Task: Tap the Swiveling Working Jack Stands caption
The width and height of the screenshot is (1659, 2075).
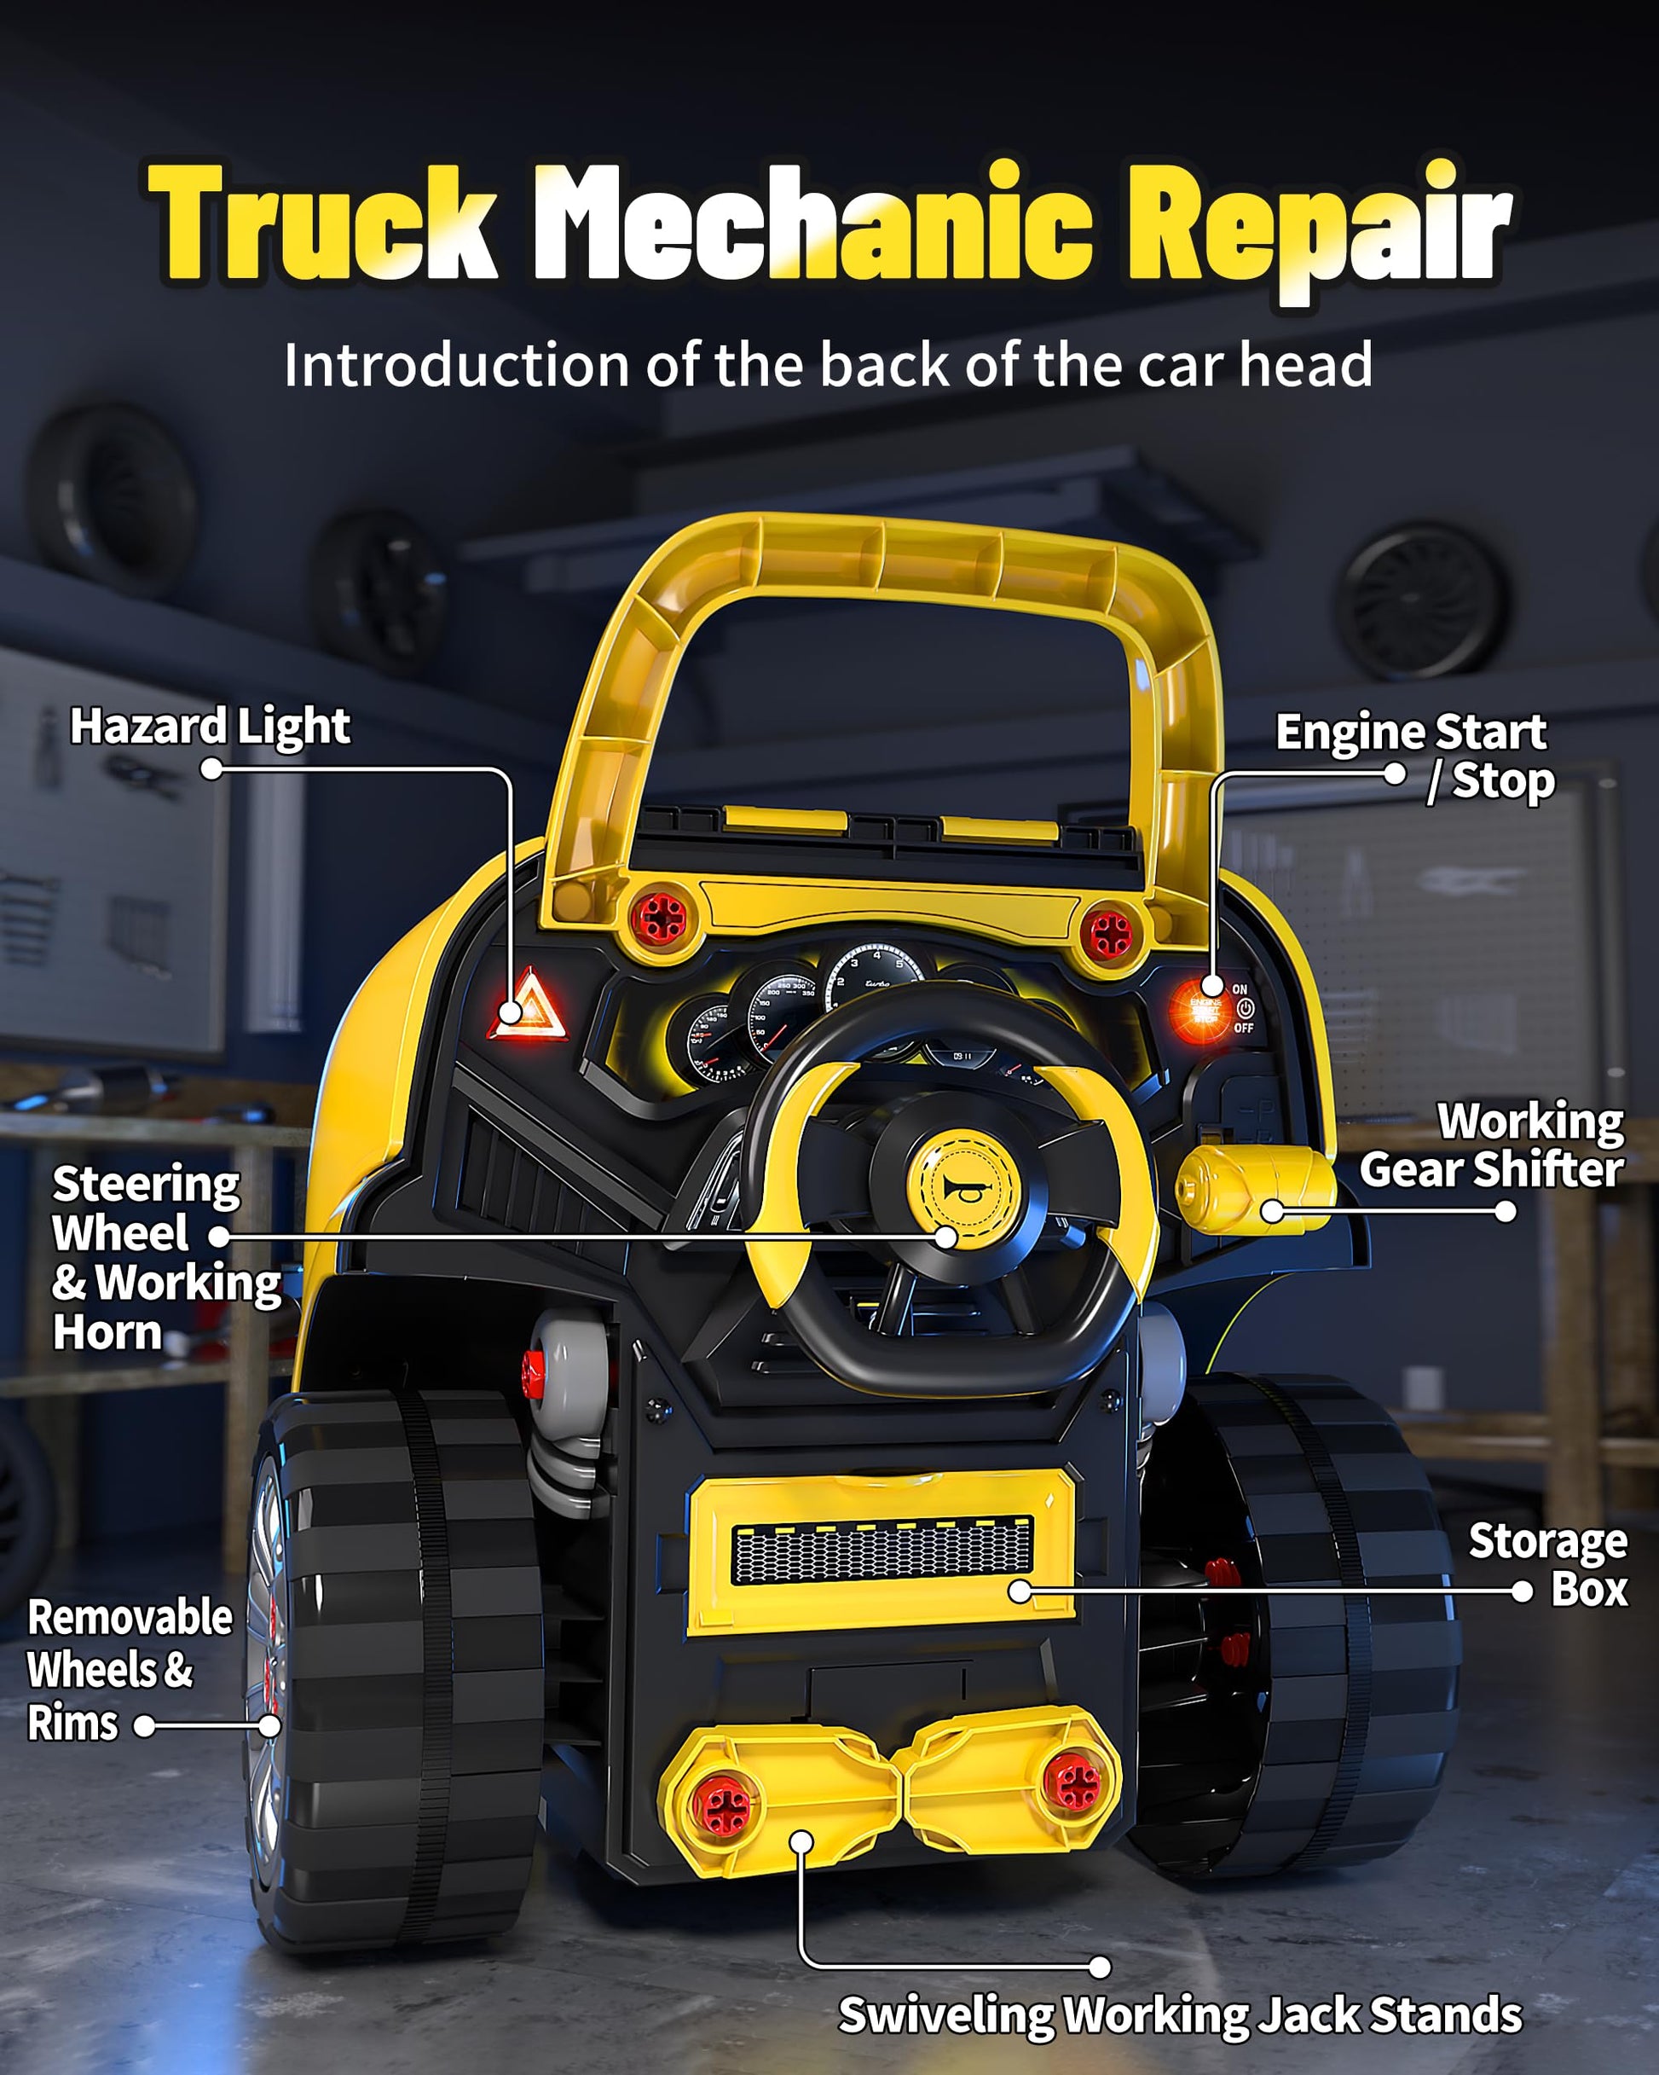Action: [x=1180, y=2014]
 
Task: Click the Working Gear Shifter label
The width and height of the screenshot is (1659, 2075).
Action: [x=1492, y=1146]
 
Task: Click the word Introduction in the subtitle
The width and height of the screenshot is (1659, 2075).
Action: [x=457, y=366]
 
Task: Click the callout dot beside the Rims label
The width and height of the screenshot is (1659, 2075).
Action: [x=144, y=1725]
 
